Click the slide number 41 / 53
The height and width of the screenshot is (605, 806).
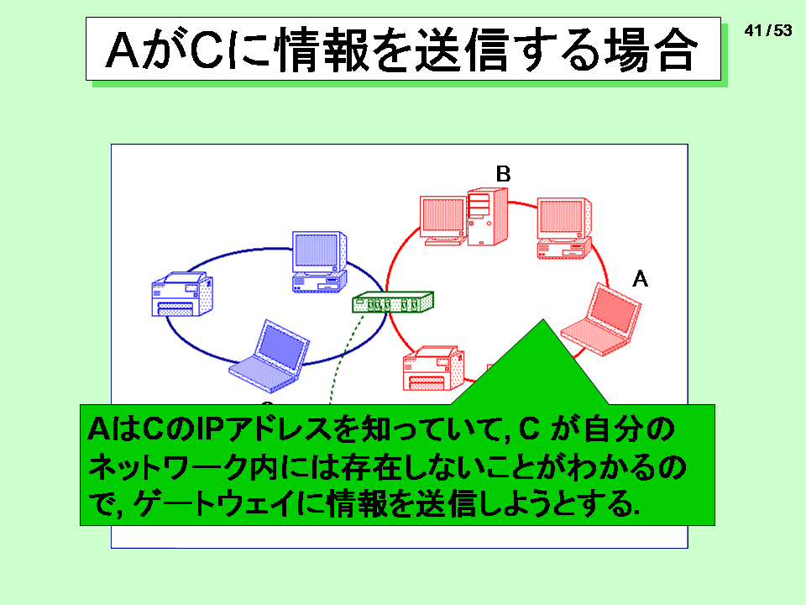pyautogui.click(x=768, y=31)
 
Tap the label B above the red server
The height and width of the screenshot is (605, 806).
pyautogui.click(x=503, y=174)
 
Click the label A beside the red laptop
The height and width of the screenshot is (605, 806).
pyautogui.click(x=640, y=279)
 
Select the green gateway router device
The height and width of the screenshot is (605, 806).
pyautogui.click(x=393, y=302)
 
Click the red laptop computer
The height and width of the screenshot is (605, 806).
pyautogui.click(x=601, y=320)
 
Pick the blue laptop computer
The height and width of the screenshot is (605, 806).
pyautogui.click(x=269, y=356)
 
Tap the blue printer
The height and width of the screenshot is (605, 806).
pyautogui.click(x=182, y=294)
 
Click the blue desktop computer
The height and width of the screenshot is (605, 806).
pyautogui.click(x=319, y=262)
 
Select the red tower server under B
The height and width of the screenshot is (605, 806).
pyautogui.click(x=487, y=217)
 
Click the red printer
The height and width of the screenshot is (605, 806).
pyautogui.click(x=434, y=368)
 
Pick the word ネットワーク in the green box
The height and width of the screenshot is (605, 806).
pyautogui.click(x=168, y=467)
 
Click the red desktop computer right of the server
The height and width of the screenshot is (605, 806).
pyautogui.click(x=564, y=228)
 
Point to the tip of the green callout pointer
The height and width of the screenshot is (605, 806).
pyautogui.click(x=543, y=319)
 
